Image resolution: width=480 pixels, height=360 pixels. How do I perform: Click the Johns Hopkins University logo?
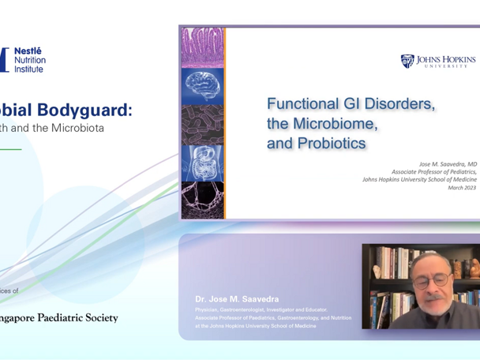(438, 62)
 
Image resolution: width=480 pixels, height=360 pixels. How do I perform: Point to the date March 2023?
(462, 188)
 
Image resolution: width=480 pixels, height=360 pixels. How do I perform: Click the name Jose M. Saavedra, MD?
(448, 164)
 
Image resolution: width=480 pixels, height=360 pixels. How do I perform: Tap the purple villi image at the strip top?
(202, 47)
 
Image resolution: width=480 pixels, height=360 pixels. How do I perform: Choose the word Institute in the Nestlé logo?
(31, 69)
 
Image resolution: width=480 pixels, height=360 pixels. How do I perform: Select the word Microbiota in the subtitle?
(77, 127)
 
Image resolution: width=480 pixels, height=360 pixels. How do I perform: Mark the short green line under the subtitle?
(9, 149)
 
